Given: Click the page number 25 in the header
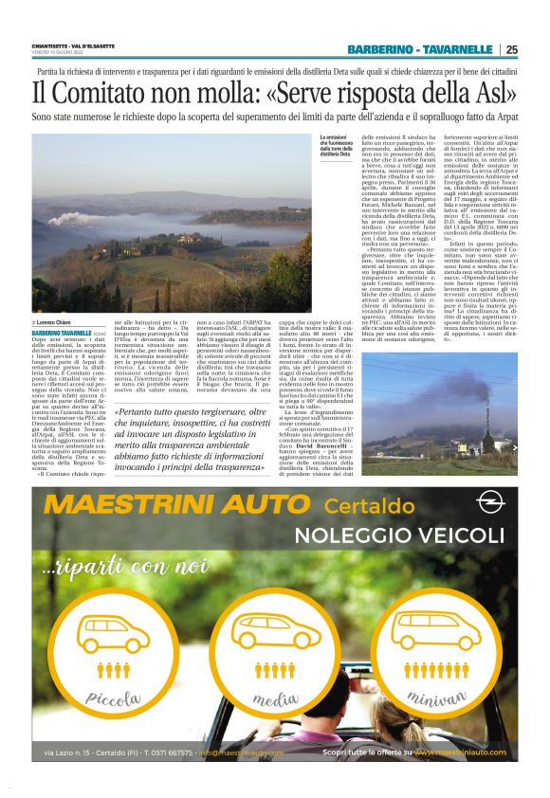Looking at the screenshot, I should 511,49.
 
